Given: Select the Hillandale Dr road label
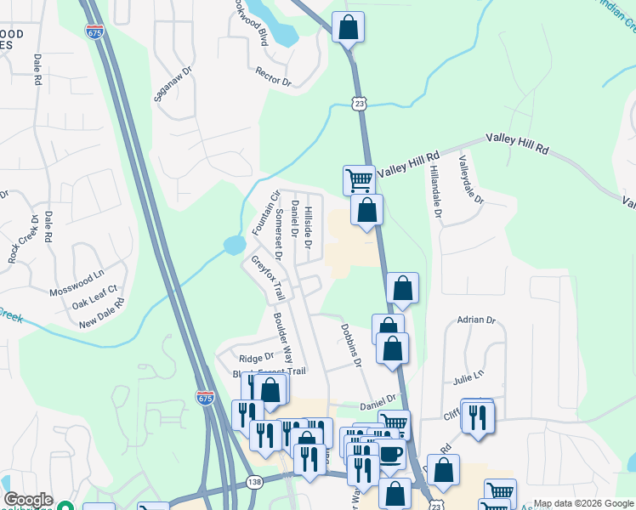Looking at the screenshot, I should (x=435, y=190).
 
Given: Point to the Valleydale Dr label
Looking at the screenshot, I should (x=470, y=179).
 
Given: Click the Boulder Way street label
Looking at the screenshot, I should (x=283, y=342).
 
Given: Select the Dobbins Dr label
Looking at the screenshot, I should (x=352, y=344).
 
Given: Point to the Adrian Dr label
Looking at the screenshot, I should (x=475, y=320).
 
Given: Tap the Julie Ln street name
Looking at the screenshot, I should (x=468, y=375).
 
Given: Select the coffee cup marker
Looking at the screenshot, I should (x=390, y=452).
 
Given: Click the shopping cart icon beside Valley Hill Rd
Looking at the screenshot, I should (x=359, y=179).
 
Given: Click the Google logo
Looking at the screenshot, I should (x=28, y=501).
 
